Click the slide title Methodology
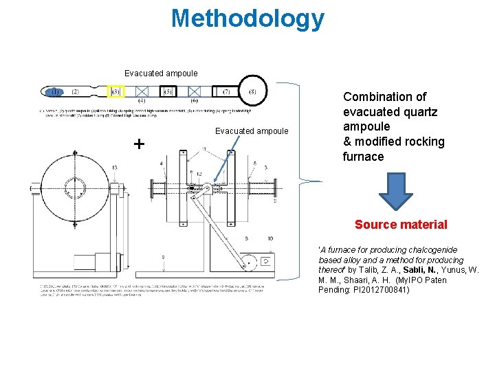tap(247, 19)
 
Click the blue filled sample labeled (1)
tap(54, 91)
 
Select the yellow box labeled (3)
tap(116, 91)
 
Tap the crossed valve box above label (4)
tap(142, 91)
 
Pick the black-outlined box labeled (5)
tap(168, 91)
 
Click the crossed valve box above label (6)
tap(195, 91)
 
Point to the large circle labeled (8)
tap(252, 91)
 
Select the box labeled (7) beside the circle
tap(226, 91)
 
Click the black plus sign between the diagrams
tap(140, 144)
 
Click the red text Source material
tap(401, 225)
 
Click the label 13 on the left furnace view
tap(114, 167)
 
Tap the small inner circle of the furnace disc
tap(75, 188)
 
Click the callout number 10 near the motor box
tap(270, 238)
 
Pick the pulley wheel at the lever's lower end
tap(248, 261)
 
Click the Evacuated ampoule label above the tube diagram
tap(161, 73)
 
